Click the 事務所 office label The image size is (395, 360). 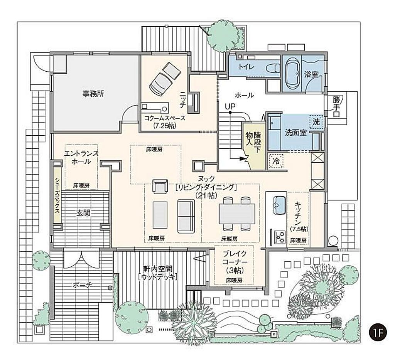pos(93,94)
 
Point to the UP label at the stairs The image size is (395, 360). pos(230,107)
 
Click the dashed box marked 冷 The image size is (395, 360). pos(276,161)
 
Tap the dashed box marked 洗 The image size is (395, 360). pos(316,122)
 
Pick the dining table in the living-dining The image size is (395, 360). pos(237,214)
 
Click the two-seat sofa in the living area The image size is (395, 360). pos(186,216)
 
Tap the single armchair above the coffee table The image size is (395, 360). pos(160,186)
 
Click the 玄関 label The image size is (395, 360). pos(83,213)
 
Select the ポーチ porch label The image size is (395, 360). pos(83,285)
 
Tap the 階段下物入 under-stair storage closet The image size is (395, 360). pos(253,146)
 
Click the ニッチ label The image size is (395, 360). pos(182,99)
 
